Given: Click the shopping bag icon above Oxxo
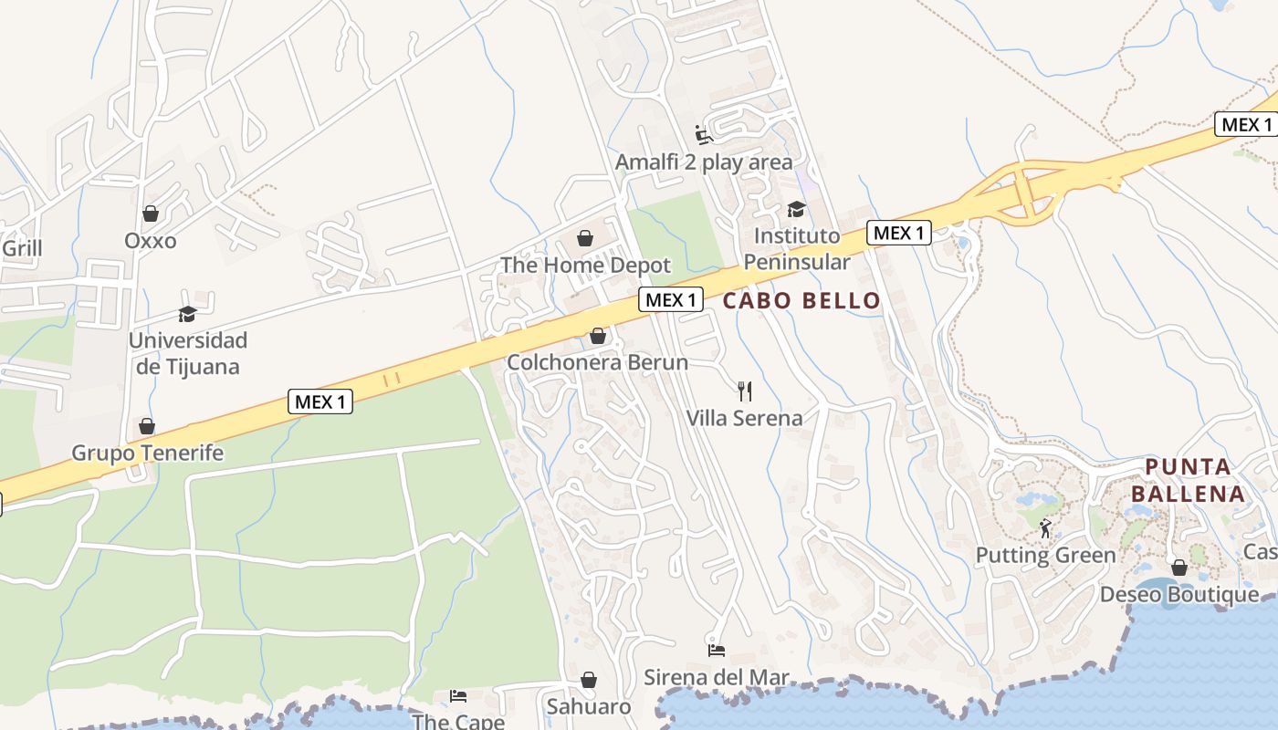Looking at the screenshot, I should click(x=151, y=214).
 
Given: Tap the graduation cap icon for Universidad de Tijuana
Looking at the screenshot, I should click(x=187, y=314).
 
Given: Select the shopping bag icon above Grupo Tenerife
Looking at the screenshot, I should click(x=146, y=426).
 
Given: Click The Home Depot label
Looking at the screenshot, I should click(x=585, y=266).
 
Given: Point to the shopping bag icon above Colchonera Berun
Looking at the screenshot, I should click(x=598, y=336).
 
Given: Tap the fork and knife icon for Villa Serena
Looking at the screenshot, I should click(x=745, y=391).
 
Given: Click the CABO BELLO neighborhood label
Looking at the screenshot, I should click(x=801, y=300).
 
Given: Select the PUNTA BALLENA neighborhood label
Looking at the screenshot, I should click(x=1195, y=481).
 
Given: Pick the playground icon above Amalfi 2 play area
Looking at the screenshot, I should click(x=703, y=135).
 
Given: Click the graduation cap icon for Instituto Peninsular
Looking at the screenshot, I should click(x=796, y=209).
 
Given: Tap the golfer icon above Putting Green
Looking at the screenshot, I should click(x=1045, y=527).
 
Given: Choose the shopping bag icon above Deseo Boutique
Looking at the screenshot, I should click(x=1179, y=568).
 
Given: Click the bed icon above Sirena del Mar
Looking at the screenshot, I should click(x=717, y=650).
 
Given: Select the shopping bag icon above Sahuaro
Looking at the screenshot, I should click(x=589, y=680).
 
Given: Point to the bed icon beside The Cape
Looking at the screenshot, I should click(x=458, y=696).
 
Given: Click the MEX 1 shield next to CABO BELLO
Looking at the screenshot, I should click(x=671, y=299).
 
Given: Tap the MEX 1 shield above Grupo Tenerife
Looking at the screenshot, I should click(x=320, y=401).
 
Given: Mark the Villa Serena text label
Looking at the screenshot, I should click(x=745, y=418).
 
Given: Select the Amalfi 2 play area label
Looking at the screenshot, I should click(x=704, y=162).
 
